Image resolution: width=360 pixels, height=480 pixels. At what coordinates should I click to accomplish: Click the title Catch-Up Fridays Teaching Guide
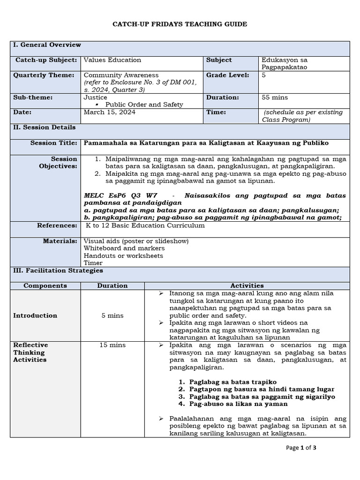pyautogui.click(x=180, y=24)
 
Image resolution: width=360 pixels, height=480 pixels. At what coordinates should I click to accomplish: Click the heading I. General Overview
pyautogui.click(x=47, y=45)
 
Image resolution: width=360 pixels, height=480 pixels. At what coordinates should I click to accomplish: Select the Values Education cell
pyautogui.click(x=112, y=60)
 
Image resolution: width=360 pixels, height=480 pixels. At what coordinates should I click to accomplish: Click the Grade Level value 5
pyautogui.click(x=263, y=75)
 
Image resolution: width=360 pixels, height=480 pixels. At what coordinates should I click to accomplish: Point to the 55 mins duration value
pyautogui.click(x=275, y=97)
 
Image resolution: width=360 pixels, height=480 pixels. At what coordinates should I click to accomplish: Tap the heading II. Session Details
pyautogui.click(x=44, y=127)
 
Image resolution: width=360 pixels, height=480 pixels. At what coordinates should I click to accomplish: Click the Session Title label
pyautogui.click(x=53, y=142)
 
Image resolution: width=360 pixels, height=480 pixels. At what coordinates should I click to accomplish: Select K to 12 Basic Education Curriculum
pyautogui.click(x=145, y=226)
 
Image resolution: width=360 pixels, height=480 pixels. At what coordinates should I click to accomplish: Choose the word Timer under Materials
pyautogui.click(x=93, y=263)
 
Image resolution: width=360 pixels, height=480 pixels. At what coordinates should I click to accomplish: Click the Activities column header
pyautogui.click(x=247, y=285)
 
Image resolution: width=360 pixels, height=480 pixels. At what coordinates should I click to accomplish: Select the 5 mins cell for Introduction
pyautogui.click(x=112, y=315)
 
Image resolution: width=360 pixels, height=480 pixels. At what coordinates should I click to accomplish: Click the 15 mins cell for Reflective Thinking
pyautogui.click(x=112, y=345)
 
